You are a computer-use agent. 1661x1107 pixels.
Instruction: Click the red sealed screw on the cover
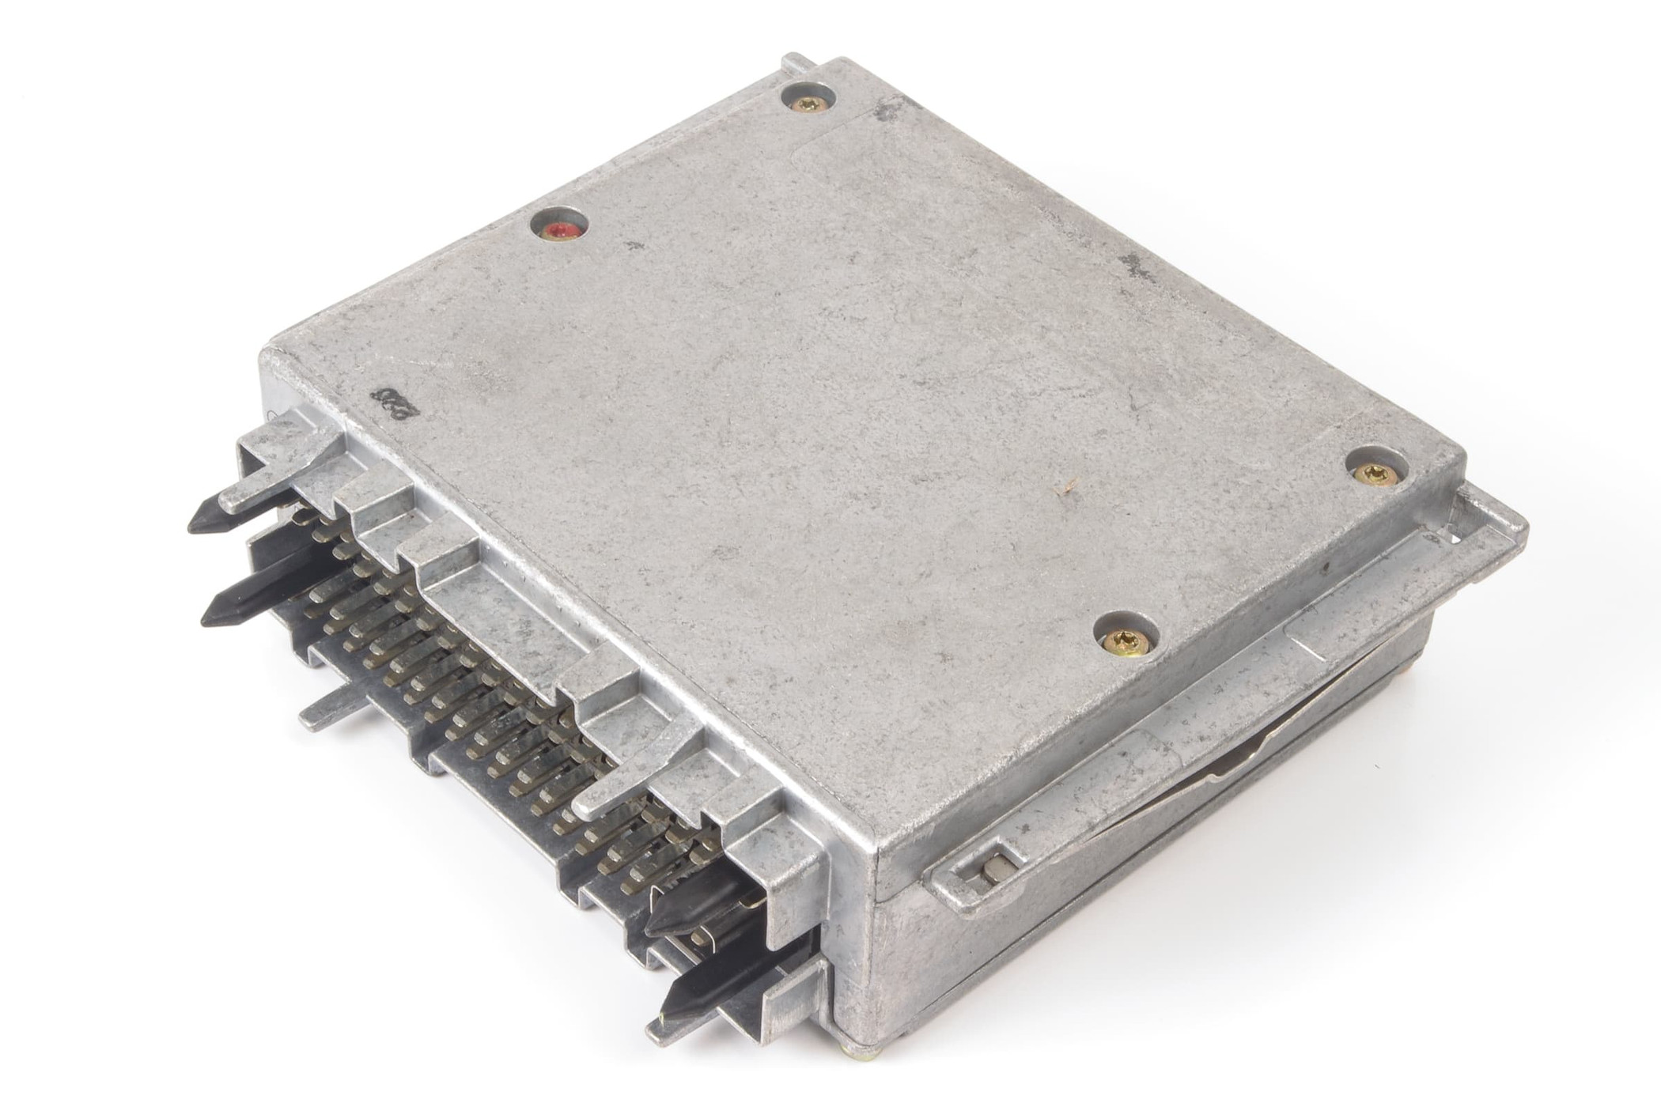click(x=560, y=230)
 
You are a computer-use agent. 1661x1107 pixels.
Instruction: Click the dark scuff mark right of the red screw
click(x=629, y=246)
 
